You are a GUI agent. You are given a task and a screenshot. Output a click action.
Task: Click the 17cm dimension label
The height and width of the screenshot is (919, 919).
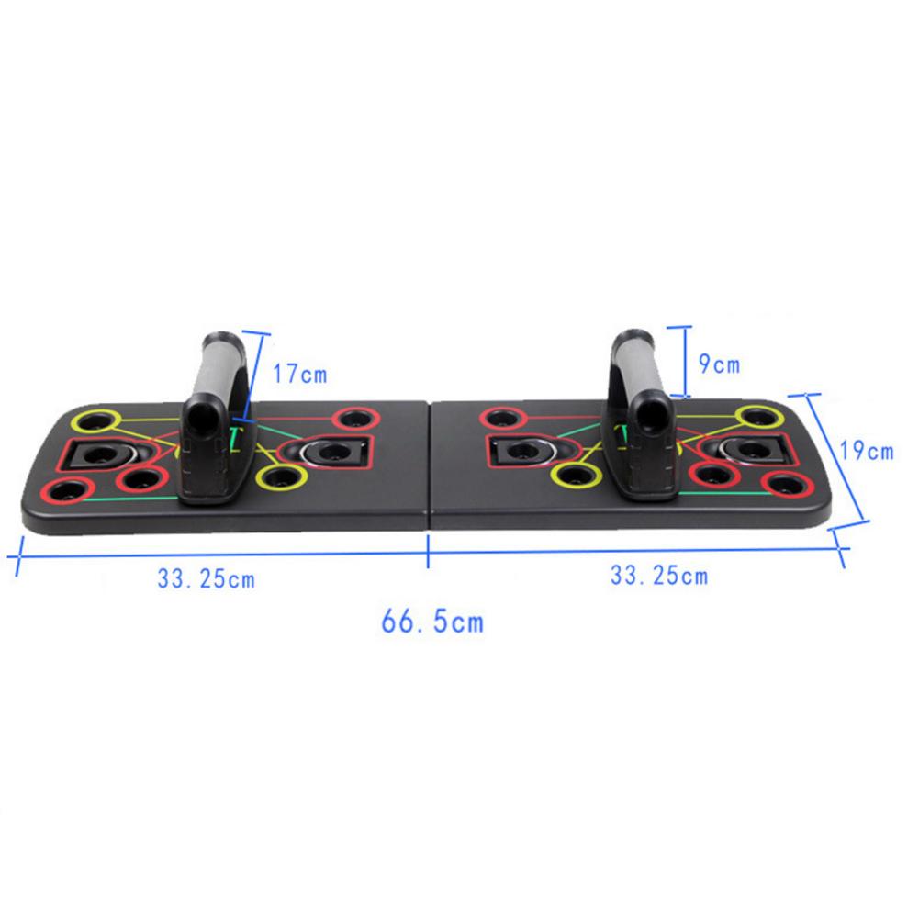click(x=299, y=374)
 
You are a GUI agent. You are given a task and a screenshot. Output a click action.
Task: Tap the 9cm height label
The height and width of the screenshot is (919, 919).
click(x=719, y=364)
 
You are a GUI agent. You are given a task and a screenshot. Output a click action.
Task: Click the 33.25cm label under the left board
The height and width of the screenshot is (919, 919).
click(x=206, y=579)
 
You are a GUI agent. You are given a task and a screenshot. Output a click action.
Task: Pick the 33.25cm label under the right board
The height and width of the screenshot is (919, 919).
click(x=659, y=576)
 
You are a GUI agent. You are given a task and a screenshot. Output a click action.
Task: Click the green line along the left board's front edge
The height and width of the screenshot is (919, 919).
click(x=129, y=499)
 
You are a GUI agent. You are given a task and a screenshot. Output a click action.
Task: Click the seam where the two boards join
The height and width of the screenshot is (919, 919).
click(x=430, y=468)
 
